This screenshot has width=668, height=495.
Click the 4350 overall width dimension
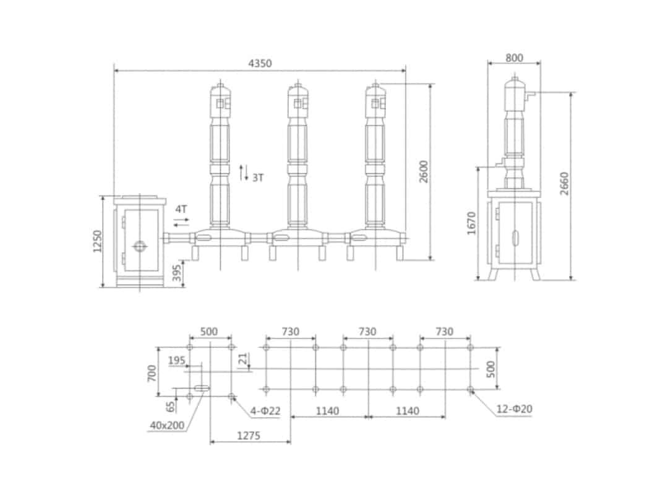260,63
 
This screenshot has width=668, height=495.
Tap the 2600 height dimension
424,171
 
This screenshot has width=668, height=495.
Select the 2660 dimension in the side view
564,183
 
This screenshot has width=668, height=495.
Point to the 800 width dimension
514,58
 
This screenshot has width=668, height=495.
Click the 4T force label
181,209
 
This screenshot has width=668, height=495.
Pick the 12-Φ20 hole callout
515,409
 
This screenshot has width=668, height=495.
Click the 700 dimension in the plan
152,372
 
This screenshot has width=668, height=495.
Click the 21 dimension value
243,358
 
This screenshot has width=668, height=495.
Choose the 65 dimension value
169,406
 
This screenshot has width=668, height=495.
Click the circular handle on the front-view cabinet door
140,246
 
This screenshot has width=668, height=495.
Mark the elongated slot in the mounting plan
201,389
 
